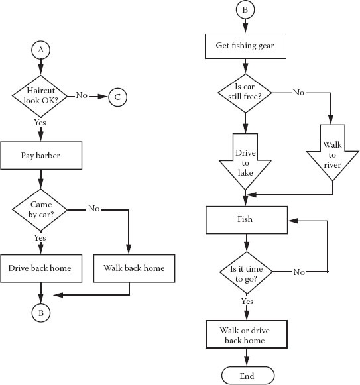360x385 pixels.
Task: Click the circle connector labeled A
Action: (41, 50)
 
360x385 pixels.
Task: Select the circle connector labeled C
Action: (118, 97)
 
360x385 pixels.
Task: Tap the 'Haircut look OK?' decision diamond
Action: (40, 96)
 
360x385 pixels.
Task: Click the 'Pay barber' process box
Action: (41, 156)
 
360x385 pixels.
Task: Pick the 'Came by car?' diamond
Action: (40, 210)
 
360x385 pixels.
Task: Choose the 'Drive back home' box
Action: (41, 268)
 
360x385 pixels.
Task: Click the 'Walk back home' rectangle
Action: (134, 268)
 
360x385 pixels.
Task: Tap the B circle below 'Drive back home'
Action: (41, 313)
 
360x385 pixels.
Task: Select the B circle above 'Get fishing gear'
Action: (245, 9)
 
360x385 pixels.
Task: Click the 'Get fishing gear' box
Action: (245, 46)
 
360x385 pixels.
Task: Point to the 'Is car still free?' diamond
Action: (245, 93)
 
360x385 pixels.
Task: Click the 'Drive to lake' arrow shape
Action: (245, 162)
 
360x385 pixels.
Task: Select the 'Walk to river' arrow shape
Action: (332, 152)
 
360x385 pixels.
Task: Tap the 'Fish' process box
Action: (247, 220)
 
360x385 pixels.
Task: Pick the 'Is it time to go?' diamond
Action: (246, 272)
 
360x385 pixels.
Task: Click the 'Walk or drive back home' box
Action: (247, 334)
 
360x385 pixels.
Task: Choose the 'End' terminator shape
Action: (248, 376)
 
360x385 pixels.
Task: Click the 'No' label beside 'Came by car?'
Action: (94, 209)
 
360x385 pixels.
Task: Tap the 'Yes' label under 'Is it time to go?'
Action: (247, 302)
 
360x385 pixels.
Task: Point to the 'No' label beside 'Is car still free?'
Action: (298, 93)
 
